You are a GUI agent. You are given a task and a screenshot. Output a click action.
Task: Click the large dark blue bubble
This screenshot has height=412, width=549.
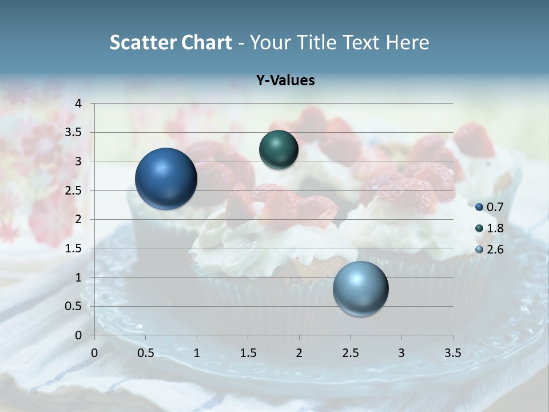166,179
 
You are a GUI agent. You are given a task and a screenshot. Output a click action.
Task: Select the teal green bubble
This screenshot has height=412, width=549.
279,150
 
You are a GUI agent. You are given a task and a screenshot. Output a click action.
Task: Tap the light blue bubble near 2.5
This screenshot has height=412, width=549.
361,288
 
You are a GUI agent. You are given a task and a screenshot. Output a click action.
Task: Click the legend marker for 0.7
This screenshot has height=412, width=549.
479,207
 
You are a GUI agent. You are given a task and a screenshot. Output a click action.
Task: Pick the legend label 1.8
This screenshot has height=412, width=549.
495,228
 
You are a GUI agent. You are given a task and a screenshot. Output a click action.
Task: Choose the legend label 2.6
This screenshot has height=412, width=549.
495,249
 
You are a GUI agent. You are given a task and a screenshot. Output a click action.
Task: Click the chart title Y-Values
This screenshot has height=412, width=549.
285,81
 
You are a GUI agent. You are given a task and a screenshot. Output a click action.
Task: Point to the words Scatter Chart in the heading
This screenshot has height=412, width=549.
170,42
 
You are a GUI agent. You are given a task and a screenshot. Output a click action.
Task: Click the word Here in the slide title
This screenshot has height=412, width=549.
407,42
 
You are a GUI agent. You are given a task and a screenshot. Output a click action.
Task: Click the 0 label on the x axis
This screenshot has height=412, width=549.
94,353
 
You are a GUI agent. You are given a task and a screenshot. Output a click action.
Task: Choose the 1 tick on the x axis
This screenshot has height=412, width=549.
197,353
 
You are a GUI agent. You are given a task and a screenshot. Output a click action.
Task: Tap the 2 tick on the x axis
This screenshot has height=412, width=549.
299,353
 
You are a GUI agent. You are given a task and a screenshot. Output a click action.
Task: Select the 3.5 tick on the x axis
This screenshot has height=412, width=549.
452,353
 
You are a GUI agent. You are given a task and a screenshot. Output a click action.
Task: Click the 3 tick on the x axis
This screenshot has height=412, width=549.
401,353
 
